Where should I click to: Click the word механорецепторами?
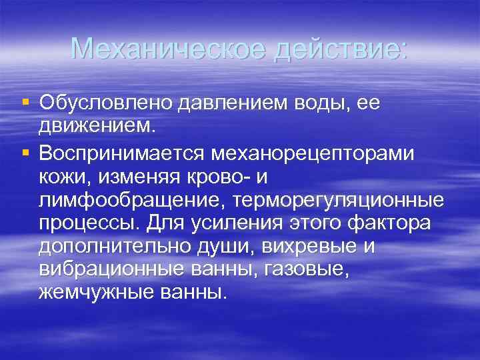point(313,153)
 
